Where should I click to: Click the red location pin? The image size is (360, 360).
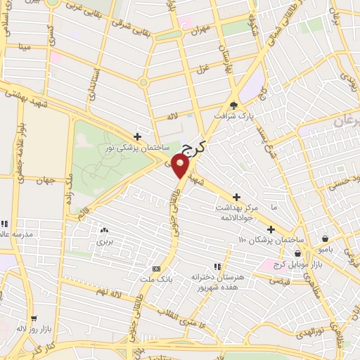tap(181, 167)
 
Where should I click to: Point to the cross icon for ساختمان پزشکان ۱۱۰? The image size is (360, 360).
tap(271, 229)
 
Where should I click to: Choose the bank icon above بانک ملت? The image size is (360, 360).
tap(156, 269)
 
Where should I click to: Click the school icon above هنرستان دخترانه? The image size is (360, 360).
tap(217, 266)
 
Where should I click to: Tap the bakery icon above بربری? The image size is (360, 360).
tap(104, 229)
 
